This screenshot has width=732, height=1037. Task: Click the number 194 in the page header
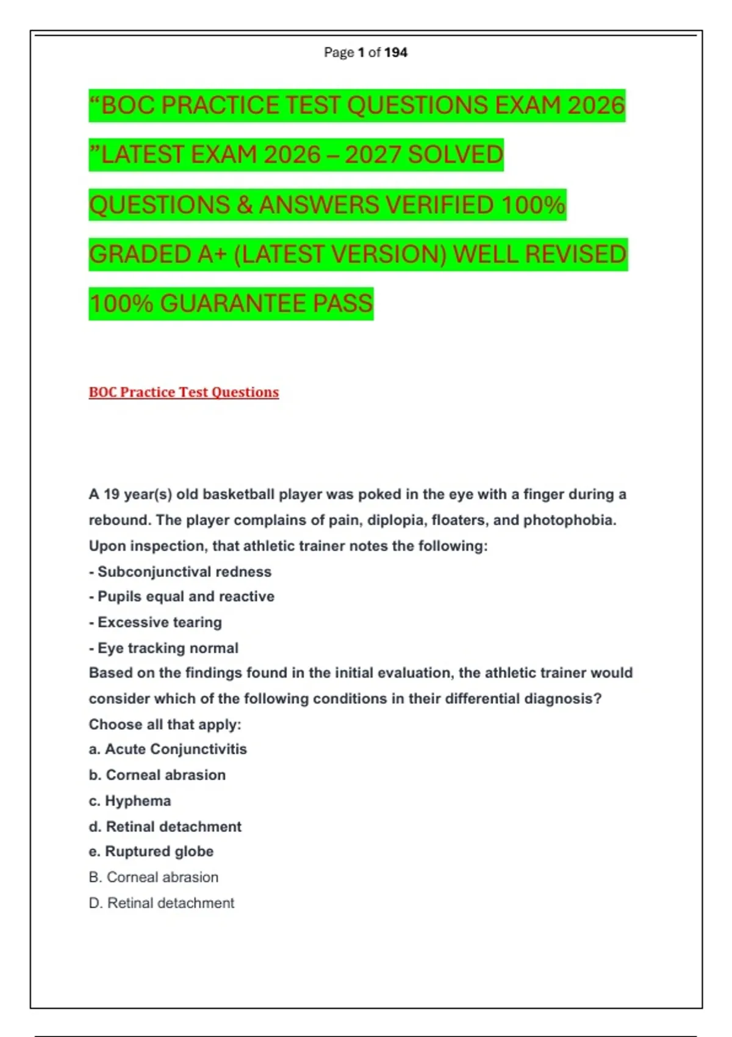[396, 52]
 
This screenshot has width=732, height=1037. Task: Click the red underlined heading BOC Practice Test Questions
[184, 392]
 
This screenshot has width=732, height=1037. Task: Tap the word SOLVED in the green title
[455, 155]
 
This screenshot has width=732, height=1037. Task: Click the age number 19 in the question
[112, 494]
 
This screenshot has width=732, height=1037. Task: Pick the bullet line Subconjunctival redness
[181, 572]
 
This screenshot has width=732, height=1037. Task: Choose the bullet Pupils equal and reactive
[182, 597]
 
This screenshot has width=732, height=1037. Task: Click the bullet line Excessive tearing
[156, 622]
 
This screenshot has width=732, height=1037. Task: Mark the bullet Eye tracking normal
[163, 648]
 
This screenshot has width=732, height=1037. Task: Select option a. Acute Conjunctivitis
[168, 749]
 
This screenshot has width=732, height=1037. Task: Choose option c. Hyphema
[130, 801]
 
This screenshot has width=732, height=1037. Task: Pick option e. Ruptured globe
[151, 852]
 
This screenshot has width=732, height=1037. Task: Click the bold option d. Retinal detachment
[165, 827]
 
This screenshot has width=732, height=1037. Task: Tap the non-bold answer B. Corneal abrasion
[154, 877]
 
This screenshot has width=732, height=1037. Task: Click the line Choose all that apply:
[165, 725]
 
